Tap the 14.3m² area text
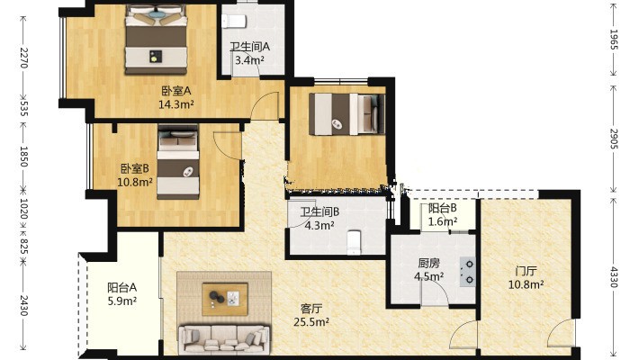(176, 104)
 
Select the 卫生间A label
(250, 47)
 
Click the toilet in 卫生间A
(234, 22)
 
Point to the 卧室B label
(134, 168)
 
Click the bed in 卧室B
(178, 162)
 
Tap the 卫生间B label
(319, 212)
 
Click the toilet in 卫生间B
(354, 242)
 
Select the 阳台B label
(442, 208)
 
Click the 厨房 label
(428, 264)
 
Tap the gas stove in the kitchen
(468, 272)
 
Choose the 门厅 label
(526, 271)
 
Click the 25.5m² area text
(311, 322)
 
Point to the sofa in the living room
(224, 339)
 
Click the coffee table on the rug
(225, 299)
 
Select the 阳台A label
(121, 288)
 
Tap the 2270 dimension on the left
(23, 58)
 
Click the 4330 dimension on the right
(614, 277)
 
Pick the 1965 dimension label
(614, 40)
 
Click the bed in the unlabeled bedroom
(346, 114)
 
